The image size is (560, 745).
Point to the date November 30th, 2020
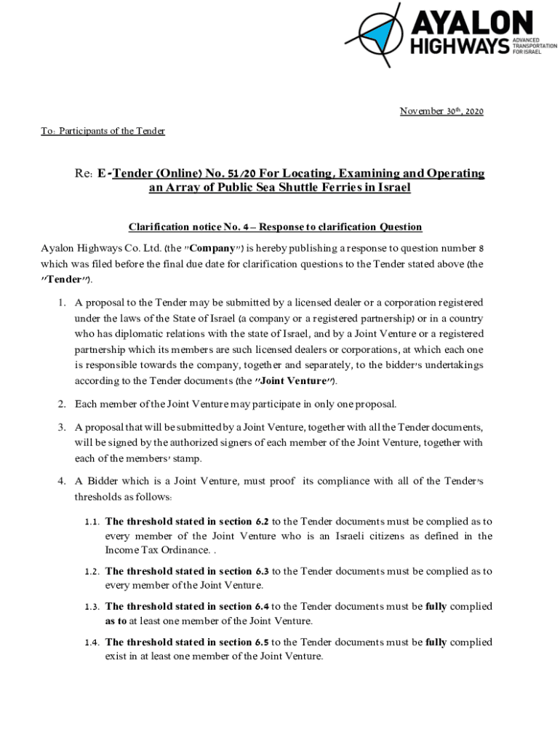[441, 111]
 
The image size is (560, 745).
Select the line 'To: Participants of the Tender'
[103, 131]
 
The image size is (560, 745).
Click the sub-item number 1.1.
[91, 522]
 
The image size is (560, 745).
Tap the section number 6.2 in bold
[262, 522]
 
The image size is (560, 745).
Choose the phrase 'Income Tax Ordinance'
[153, 550]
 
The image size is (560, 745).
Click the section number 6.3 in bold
[262, 571]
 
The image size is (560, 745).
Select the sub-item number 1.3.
[91, 607]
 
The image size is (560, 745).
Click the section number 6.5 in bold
[262, 642]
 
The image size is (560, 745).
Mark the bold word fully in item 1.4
[436, 642]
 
